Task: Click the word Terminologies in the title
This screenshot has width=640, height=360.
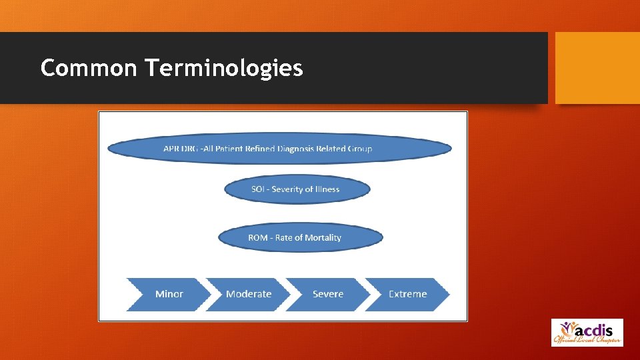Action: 223,69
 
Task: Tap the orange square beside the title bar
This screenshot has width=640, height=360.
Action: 597,68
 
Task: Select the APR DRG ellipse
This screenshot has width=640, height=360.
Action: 279,148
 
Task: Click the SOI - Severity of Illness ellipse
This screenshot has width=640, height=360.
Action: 296,189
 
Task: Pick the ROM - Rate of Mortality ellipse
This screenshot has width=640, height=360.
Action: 301,237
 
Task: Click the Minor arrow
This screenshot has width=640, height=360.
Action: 169,294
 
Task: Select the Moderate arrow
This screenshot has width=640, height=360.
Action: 249,294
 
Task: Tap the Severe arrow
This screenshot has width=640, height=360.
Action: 328,294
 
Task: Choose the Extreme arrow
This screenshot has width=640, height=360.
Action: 407,294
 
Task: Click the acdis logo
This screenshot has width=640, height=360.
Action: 587,332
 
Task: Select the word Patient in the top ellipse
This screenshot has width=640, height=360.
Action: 225,149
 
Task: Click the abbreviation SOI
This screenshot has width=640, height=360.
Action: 258,189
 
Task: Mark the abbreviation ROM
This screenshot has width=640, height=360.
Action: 258,237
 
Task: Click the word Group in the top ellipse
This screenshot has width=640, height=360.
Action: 359,149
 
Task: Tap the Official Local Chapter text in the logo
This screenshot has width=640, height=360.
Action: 587,341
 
